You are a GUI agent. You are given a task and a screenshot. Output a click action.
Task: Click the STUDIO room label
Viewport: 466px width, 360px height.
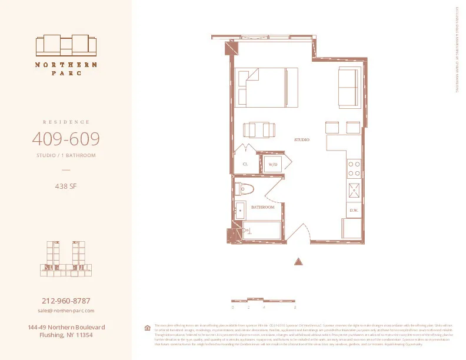302,139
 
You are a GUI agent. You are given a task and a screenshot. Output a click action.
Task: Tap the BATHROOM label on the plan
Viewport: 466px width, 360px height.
263,207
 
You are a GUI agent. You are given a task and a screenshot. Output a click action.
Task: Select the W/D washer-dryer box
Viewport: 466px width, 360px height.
273,165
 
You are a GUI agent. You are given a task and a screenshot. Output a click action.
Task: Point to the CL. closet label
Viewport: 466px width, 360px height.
245,165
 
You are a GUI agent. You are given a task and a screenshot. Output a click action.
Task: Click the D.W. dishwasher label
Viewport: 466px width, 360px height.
354,210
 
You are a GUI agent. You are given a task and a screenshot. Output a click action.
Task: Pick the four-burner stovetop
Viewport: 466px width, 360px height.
354,169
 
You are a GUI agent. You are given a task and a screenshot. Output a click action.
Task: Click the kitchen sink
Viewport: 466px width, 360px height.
354,189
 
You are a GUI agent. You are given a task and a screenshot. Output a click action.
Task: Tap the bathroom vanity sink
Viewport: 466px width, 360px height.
239,210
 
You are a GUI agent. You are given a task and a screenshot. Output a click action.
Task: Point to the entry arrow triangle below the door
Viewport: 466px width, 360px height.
298,261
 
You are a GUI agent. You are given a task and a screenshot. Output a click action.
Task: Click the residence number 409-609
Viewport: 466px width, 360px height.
65,139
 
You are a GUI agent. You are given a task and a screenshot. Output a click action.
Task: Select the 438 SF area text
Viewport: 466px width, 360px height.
66,188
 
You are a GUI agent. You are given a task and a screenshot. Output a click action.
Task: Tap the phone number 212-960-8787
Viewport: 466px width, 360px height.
66,301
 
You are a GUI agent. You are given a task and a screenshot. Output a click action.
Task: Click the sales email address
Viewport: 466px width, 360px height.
66,310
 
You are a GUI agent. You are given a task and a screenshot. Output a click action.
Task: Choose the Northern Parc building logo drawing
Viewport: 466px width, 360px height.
66,45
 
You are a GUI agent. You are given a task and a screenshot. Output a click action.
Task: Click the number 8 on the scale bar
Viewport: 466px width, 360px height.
294,308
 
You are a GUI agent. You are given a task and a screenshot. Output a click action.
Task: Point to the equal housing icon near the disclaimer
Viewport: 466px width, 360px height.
147,328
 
